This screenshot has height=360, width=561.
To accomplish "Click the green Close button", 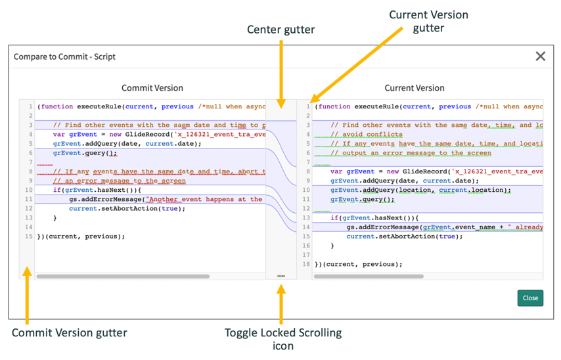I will [x=530, y=298].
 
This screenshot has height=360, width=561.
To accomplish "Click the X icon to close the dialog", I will [x=540, y=56].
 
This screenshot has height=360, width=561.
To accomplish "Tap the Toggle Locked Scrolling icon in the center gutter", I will [x=281, y=276].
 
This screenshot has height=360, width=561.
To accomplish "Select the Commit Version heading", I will [x=152, y=88].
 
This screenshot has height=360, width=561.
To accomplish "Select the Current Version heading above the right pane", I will [x=414, y=88].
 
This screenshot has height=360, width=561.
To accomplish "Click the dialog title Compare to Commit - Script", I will [x=64, y=57].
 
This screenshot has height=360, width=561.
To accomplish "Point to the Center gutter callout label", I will [x=280, y=30].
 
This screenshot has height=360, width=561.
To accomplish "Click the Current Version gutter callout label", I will [x=428, y=21].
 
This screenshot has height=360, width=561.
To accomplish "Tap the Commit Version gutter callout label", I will [x=69, y=333].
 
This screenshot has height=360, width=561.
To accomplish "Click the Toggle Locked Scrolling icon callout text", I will [x=283, y=339].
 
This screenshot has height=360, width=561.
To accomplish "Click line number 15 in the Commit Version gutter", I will [x=28, y=236].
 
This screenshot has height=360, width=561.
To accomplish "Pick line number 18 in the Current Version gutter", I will [x=306, y=264].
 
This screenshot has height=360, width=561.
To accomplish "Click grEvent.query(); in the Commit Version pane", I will [x=85, y=153].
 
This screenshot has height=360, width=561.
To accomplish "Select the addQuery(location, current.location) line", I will [x=420, y=190].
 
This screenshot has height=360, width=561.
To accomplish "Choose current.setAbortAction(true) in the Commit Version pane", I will [x=127, y=209].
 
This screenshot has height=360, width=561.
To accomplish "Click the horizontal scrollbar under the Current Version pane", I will [x=369, y=277].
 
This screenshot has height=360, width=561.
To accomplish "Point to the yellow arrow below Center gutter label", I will [x=280, y=72].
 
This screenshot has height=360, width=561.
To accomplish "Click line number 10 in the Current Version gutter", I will [x=306, y=190].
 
